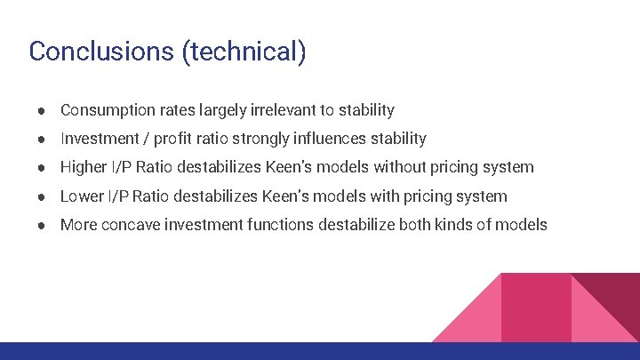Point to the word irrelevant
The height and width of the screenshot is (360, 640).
tap(278, 110)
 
